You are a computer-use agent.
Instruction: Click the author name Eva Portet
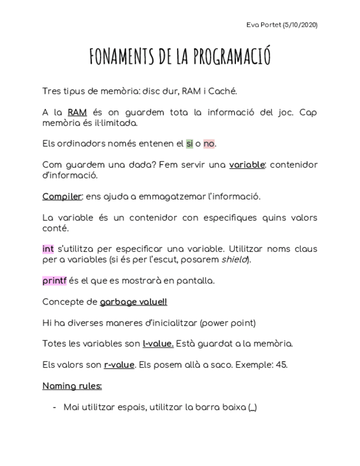[263, 25]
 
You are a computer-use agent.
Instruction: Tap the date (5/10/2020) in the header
[300, 25]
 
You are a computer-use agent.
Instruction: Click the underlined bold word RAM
[77, 112]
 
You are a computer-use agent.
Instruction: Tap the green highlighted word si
[189, 144]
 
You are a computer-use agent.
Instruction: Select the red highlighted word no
[209, 144]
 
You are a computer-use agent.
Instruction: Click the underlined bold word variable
[247, 165]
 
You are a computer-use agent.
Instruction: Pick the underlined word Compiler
[62, 196]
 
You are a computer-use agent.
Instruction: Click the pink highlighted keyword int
[48, 249]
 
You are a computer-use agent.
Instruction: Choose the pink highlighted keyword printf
[54, 281]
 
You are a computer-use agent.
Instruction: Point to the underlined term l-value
[158, 344]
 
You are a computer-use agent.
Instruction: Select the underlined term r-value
[119, 365]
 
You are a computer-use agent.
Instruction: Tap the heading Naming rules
[72, 386]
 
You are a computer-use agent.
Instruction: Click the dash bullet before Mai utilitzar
[54, 407]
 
